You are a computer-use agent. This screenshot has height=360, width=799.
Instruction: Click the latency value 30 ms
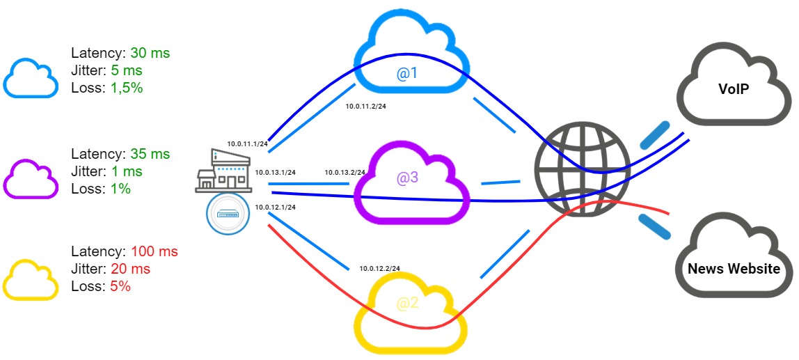pos(150,53)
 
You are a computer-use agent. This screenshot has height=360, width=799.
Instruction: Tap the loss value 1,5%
pos(127,88)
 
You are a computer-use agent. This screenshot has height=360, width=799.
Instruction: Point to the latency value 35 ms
pos(150,154)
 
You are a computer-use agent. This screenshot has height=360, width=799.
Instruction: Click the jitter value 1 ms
pos(127,171)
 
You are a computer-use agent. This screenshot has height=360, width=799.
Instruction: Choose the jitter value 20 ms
pos(133,269)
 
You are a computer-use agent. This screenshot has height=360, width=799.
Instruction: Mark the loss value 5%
pos(120,286)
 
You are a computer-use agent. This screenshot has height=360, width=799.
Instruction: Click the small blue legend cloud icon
pos(31,78)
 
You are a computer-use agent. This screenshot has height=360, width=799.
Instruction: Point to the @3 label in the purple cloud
pos(407,178)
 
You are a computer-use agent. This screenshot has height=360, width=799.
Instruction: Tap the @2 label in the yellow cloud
pos(407,304)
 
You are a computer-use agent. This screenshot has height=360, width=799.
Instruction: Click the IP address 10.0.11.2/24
pos(365,106)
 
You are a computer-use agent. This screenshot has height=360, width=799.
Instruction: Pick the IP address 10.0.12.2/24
pos(379,268)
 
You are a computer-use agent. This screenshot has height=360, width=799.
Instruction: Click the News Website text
pos(734,268)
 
